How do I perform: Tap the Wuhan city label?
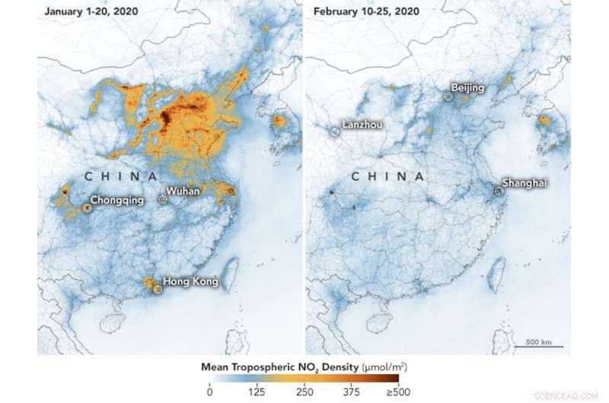pyautogui.click(x=183, y=191)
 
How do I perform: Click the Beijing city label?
pyautogui.click(x=467, y=88)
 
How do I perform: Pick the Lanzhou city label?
pyautogui.click(x=362, y=124)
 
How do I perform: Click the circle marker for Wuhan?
pyautogui.click(x=162, y=198)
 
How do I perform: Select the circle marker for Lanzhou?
pyautogui.click(x=335, y=132)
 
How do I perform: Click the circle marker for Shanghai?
pyautogui.click(x=499, y=192)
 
